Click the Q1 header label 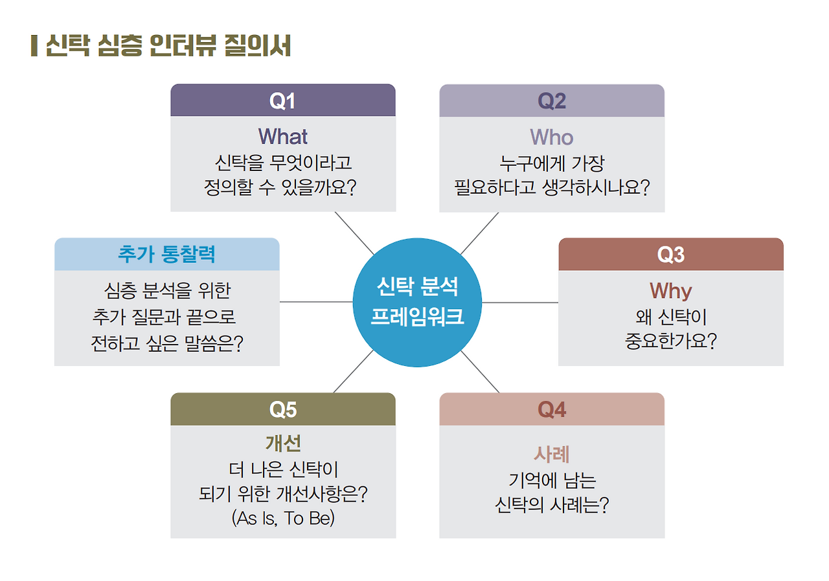coord(282,101)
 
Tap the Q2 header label coord(552,101)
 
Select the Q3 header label coord(671,255)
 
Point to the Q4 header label coord(552,409)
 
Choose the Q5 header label coord(282,409)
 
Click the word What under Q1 coord(283,137)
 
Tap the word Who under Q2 coord(552,137)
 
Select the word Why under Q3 coord(671,291)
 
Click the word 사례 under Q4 coord(552,454)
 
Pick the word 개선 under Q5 coord(283,444)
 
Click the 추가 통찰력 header coord(166,254)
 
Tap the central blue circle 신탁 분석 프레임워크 coord(417,302)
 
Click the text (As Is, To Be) coord(283,519)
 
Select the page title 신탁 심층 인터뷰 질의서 coord(168,46)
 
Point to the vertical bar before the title coord(34,46)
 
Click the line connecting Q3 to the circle coord(520,302)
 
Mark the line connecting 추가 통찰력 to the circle coord(316,302)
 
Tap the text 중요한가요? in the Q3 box coord(671,341)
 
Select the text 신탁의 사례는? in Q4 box coord(552,505)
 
